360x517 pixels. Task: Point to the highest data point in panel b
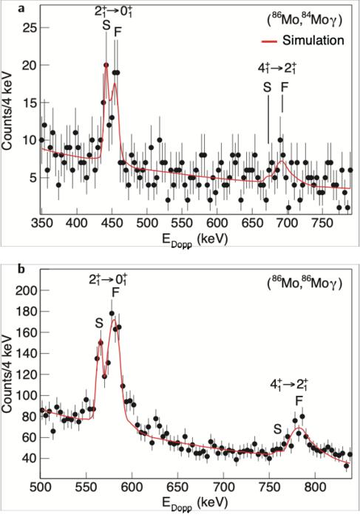pos(112,313)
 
